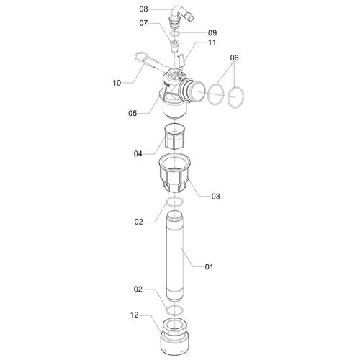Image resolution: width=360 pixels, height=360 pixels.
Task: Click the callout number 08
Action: point(143,9)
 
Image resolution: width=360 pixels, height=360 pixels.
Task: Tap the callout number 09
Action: point(212,32)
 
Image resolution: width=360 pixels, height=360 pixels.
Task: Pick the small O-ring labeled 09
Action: point(175,34)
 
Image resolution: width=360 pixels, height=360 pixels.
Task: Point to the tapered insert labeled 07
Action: point(174,47)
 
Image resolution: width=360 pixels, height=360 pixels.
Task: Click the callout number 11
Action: point(212,42)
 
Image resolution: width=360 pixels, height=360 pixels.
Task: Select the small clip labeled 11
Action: point(181,61)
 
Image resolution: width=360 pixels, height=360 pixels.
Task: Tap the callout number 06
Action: point(235,58)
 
